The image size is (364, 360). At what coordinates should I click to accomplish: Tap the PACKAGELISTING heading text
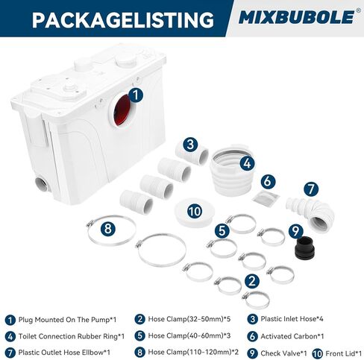coord(123,19)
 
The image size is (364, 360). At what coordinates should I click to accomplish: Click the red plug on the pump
coord(122,110)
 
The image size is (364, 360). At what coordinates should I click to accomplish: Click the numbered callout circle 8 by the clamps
coord(108,228)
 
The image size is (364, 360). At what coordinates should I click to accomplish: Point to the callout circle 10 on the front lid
coord(195,212)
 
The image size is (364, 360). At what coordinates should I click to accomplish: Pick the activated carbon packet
coord(266,196)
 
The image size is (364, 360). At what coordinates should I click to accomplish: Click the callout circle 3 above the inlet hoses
coord(190,145)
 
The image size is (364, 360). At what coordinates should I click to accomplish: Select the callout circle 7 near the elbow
coord(311,189)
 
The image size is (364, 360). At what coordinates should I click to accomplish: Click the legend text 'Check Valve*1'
coord(283,353)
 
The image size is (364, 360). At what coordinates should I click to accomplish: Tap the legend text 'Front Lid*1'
coord(343,353)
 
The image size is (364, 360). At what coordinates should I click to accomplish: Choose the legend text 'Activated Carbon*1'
coord(292,336)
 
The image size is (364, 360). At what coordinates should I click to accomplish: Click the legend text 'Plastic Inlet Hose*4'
coord(292,319)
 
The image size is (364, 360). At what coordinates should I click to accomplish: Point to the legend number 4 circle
coord(10,337)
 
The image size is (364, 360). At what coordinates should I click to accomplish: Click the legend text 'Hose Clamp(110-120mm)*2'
coord(193,352)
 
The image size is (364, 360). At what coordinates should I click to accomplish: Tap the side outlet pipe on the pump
coord(43,185)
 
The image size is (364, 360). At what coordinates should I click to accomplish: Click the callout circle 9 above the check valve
coord(296,231)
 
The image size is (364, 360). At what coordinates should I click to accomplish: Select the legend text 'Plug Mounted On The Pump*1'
coord(67,320)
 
